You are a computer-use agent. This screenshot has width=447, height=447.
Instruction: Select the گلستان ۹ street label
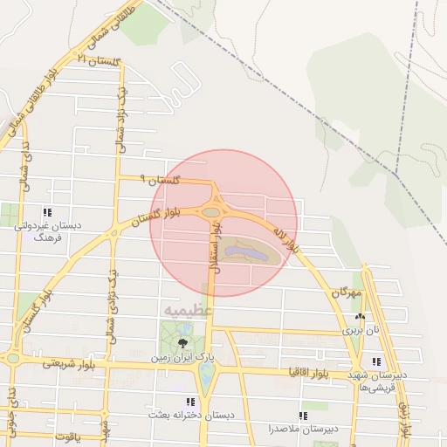coord(163,181)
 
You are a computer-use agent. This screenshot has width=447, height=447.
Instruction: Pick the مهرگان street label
coord(346,294)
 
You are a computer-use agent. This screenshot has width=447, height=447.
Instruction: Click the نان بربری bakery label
coord(361,330)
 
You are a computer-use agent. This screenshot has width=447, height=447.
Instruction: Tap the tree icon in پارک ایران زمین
coord(182,343)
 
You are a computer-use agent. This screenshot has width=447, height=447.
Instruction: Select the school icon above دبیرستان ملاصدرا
coord(302,416)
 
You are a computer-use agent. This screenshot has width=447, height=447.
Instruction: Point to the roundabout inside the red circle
coord(210,211)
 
